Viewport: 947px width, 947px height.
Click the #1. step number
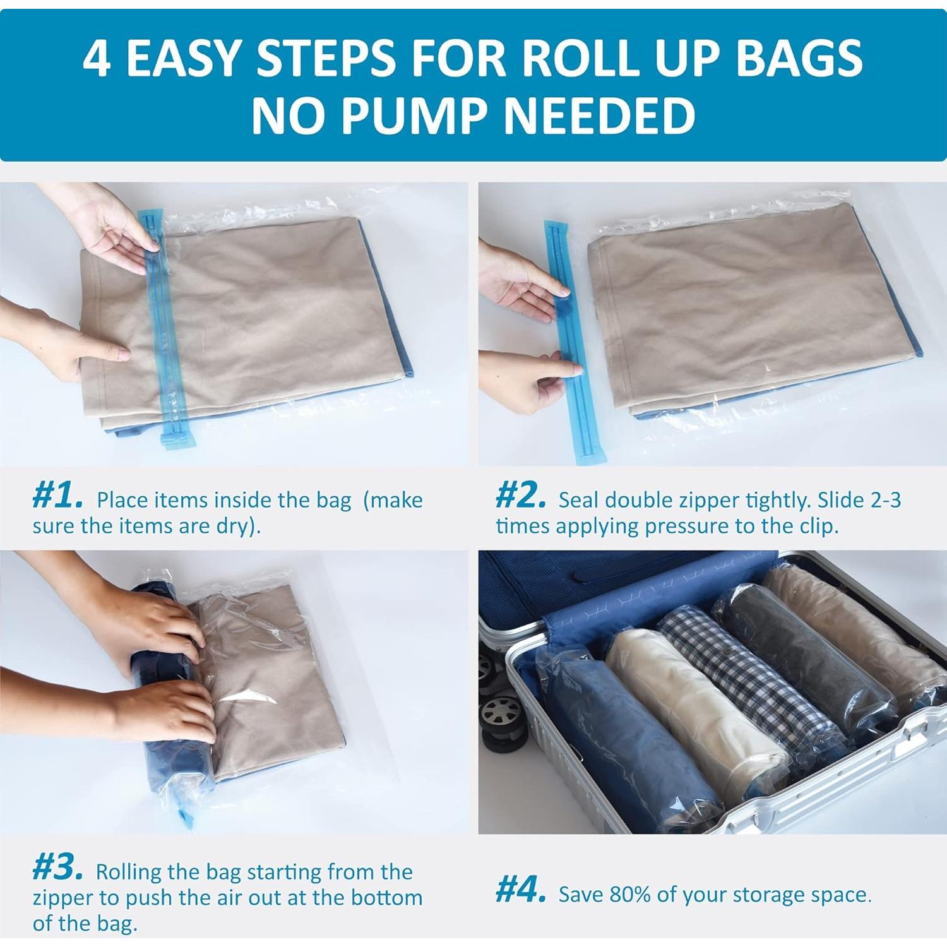click(x=57, y=497)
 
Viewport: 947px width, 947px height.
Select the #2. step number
click(x=521, y=497)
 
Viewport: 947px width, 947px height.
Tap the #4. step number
click(x=521, y=891)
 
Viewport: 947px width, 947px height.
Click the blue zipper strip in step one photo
click(x=165, y=335)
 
